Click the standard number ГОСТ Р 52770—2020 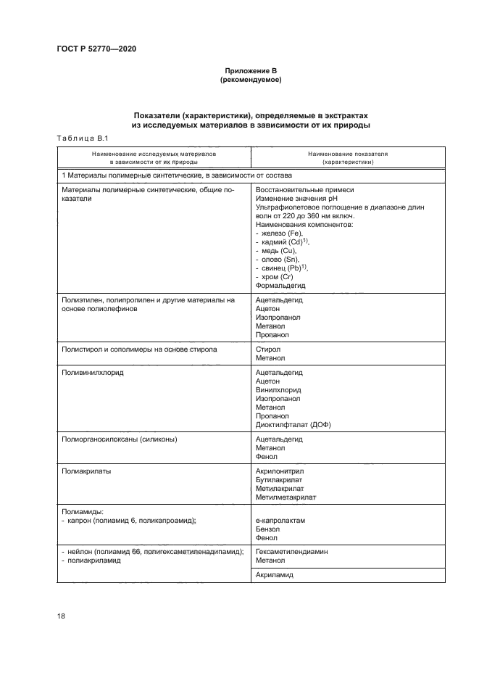[96, 49]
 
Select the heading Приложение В [251, 70]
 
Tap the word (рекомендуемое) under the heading [251, 80]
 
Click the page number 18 [61, 616]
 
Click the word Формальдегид [280, 286]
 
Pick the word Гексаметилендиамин [291, 552]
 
